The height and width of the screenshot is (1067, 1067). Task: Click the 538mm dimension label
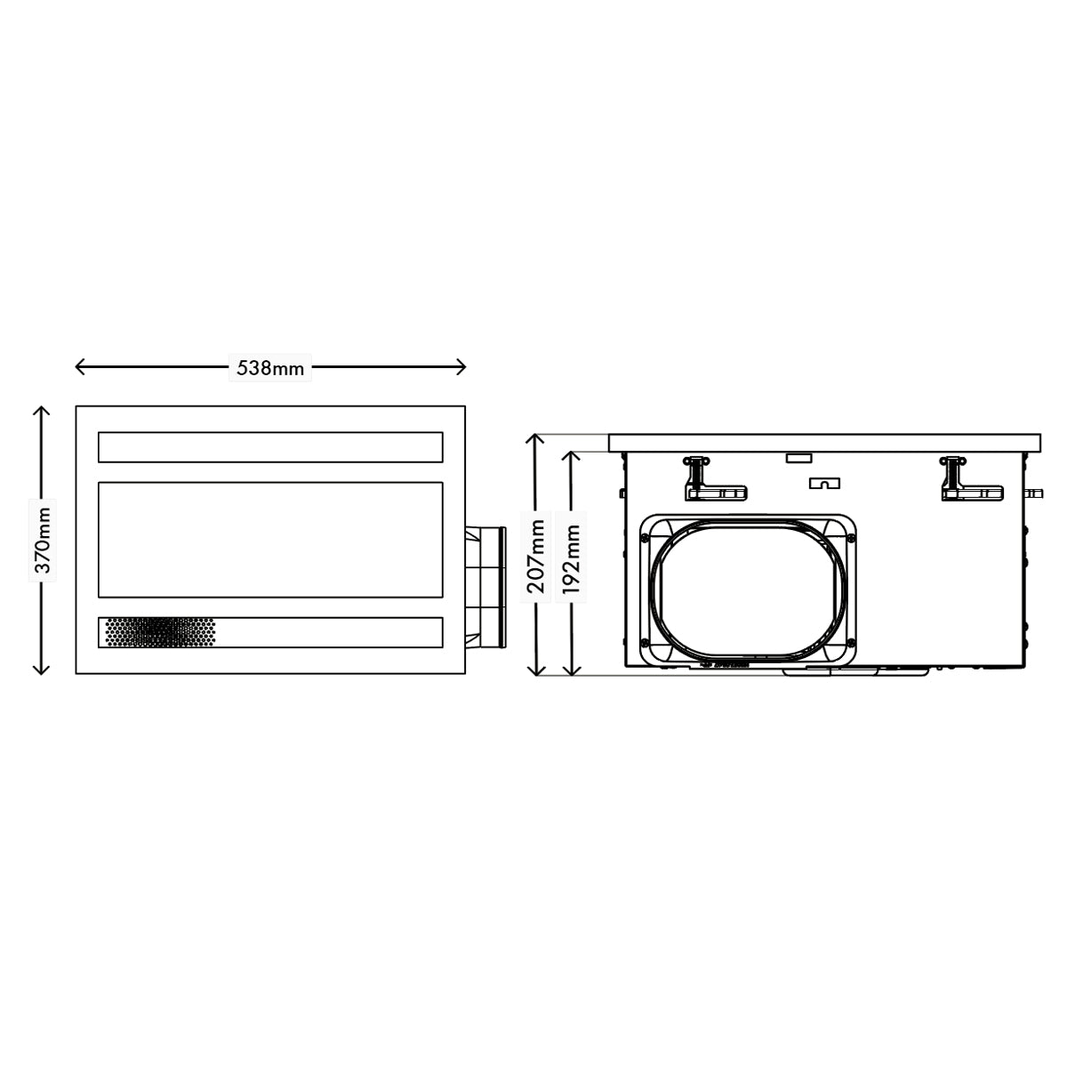point(270,368)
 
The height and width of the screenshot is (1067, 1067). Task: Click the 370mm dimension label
point(43,540)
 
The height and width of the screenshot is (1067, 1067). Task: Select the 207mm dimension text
point(536,556)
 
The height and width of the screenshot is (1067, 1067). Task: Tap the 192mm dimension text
point(571,559)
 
